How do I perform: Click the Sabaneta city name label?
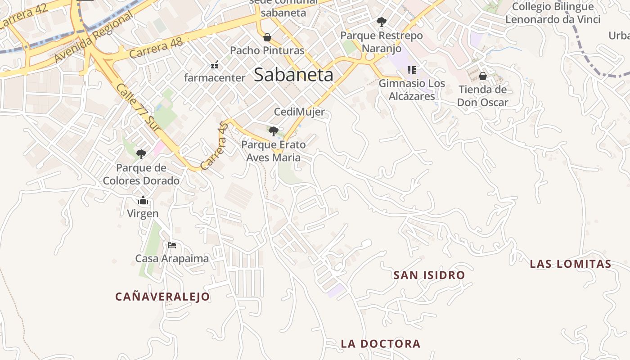click(x=293, y=75)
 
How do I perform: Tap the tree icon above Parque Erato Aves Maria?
click(x=273, y=131)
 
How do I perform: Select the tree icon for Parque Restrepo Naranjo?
click(x=381, y=22)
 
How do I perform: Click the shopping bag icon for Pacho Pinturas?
click(x=267, y=37)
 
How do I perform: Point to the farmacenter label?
click(x=215, y=78)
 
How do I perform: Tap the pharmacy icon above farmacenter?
click(x=215, y=65)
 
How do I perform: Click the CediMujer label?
click(x=299, y=112)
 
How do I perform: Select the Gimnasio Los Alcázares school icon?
click(x=411, y=70)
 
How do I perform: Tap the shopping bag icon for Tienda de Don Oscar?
click(x=483, y=76)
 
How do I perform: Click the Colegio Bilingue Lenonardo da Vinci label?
click(x=553, y=13)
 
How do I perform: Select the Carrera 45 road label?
click(x=215, y=147)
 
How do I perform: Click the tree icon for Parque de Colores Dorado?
click(x=141, y=154)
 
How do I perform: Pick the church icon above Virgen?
click(x=143, y=200)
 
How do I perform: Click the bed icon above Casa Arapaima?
click(x=172, y=245)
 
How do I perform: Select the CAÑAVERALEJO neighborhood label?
click(x=162, y=297)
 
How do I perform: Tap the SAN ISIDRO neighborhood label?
click(x=429, y=275)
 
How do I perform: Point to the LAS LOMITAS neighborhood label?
click(x=570, y=264)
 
